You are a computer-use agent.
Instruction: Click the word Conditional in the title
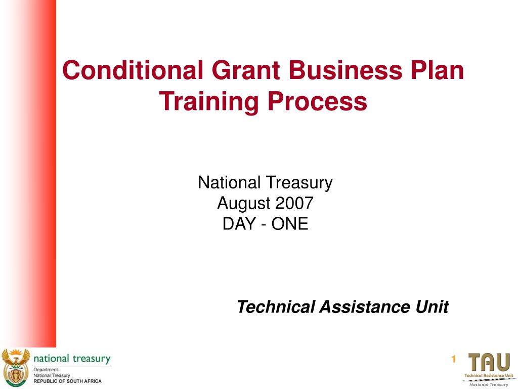pos(131,70)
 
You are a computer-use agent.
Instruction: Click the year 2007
pos(294,203)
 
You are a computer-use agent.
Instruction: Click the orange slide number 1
pos(453,360)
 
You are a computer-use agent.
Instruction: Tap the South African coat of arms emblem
pos(16,367)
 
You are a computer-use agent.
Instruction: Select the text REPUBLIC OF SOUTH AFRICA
pos(67,381)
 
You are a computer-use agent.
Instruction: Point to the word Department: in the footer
pos(47,370)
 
